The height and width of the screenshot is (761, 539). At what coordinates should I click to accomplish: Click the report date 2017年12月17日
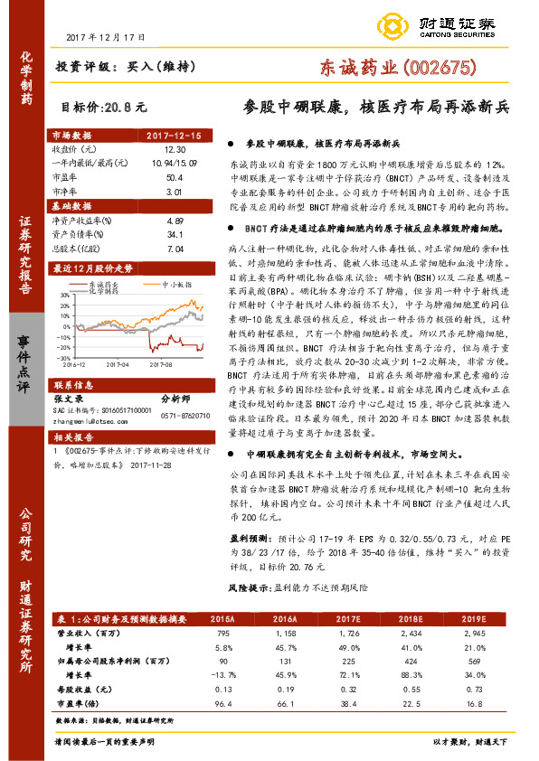pos(107,37)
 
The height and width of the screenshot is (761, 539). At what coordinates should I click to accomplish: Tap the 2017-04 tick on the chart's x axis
pos(115,338)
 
